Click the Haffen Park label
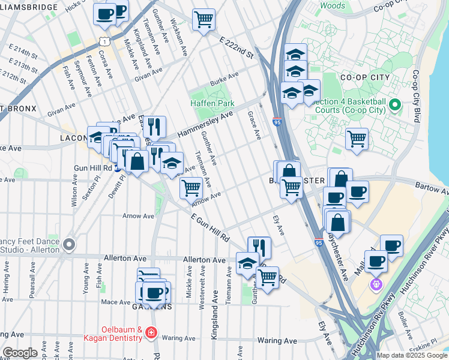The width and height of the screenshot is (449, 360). (x=212, y=103)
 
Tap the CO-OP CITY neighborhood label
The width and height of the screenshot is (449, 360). (x=364, y=77)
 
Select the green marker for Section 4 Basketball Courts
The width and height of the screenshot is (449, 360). (x=394, y=106)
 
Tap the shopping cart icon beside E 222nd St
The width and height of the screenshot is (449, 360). (x=203, y=19)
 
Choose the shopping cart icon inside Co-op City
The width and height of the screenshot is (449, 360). (x=357, y=139)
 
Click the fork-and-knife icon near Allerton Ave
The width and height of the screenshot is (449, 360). (x=259, y=247)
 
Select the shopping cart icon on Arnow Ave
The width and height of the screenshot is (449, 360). (x=191, y=188)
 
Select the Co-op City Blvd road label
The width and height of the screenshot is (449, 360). (x=415, y=96)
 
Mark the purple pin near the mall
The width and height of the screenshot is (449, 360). (x=376, y=283)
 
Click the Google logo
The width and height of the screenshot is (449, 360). (x=20, y=353)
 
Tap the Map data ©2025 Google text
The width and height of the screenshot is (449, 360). (x=411, y=355)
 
